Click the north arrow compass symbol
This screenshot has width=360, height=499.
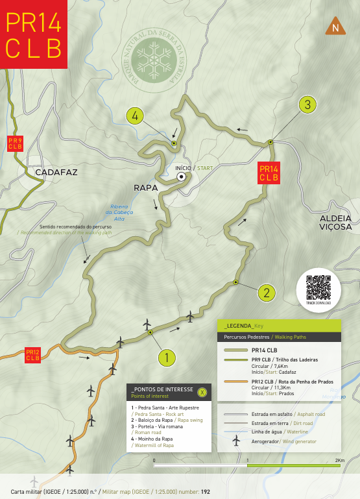point(335,27)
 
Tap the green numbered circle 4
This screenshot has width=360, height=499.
point(135,116)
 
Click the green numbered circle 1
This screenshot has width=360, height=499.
point(167,357)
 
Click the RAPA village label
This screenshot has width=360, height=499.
point(147,188)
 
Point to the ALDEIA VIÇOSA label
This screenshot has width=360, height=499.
point(335,223)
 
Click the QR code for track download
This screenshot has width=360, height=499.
point(318,286)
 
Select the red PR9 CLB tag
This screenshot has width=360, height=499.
point(15,143)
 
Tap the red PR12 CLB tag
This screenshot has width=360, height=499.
point(33,355)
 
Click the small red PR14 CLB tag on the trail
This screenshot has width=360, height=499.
point(269,173)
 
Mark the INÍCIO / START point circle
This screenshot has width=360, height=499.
point(182,176)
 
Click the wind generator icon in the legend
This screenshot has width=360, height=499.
point(236,440)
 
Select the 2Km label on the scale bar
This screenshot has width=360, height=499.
point(339,459)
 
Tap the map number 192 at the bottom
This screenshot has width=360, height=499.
point(206,492)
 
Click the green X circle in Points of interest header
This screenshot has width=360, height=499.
point(202,391)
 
